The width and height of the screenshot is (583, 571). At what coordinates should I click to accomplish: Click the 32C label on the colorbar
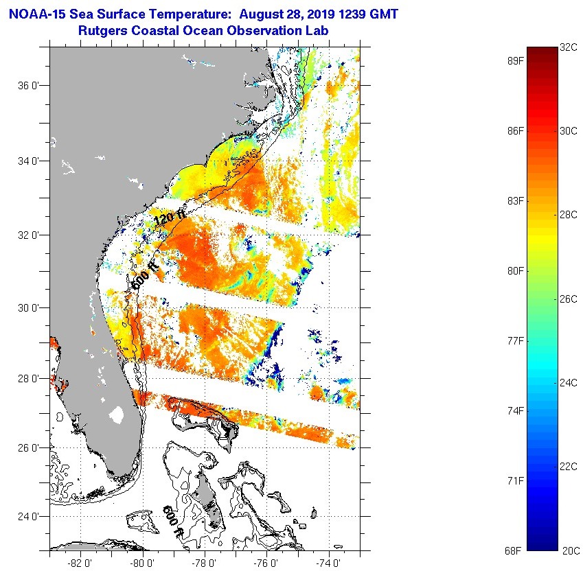coord(569,47)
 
